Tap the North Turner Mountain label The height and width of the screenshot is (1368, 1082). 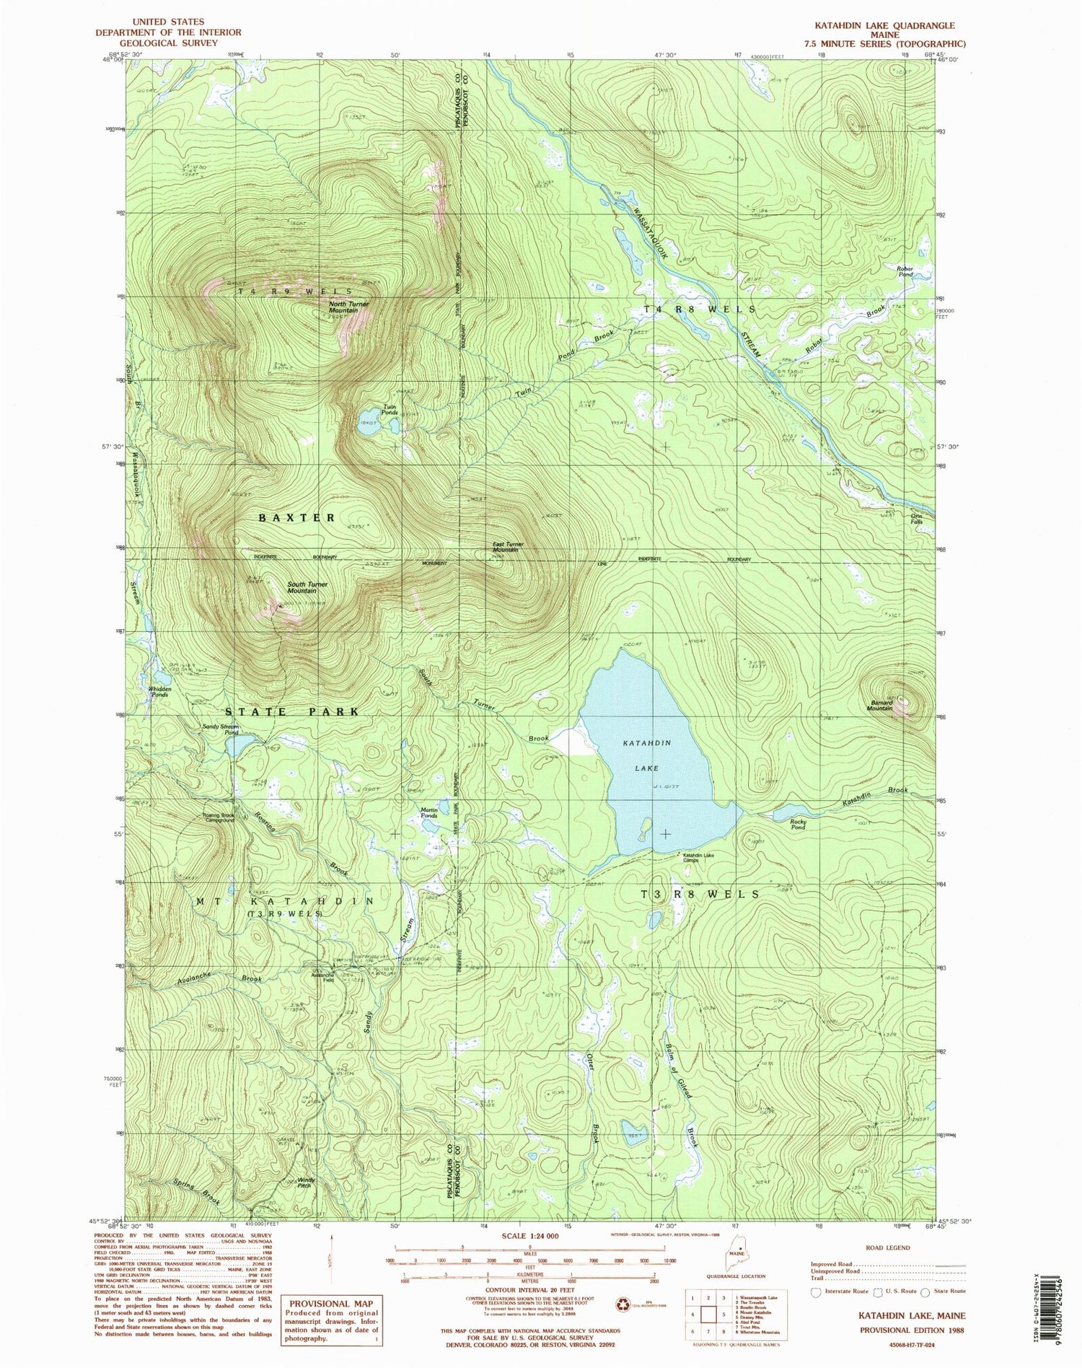point(348,307)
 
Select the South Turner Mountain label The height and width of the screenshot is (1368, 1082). point(307,587)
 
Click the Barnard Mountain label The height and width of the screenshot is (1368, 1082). point(879,705)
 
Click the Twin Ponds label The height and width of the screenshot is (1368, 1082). point(391,409)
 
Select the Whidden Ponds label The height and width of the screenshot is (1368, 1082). point(159,691)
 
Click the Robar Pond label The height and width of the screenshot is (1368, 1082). point(905,272)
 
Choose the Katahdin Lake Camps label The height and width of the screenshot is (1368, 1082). point(697,858)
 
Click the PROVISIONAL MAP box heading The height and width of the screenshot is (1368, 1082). point(329,1303)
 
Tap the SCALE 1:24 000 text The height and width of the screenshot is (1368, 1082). point(529,1236)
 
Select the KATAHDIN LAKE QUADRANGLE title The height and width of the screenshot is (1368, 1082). point(892,25)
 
